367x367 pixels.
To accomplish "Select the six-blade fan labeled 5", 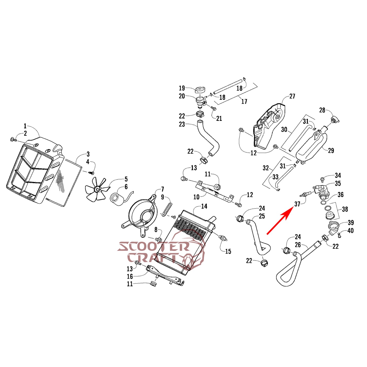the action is (x=97, y=189).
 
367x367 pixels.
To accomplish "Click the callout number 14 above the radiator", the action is (x=204, y=206).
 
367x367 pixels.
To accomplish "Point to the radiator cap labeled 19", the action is (x=200, y=90).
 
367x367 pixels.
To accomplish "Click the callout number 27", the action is (x=292, y=96).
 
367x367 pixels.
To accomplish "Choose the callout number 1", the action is (x=25, y=126).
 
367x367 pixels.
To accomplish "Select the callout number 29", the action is (x=331, y=151).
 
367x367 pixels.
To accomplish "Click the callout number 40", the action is (x=351, y=231).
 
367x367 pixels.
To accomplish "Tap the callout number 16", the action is (x=130, y=276).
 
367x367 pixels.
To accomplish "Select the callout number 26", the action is (x=298, y=245).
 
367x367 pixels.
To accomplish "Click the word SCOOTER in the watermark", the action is (x=153, y=247).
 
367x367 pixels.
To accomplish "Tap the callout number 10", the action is (x=196, y=197).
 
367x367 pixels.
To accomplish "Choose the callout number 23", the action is (x=182, y=124).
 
